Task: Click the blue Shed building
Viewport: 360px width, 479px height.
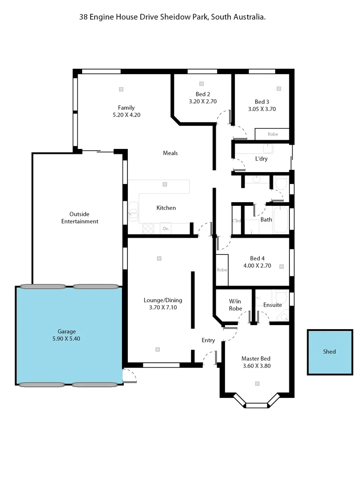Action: tap(329, 352)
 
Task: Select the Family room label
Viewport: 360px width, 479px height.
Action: tap(126, 108)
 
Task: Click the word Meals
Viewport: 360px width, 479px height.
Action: tap(170, 153)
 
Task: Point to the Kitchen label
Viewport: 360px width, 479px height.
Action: tap(166, 208)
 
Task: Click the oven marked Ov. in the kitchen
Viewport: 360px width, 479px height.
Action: tap(166, 229)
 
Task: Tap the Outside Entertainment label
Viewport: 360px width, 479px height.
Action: tap(80, 218)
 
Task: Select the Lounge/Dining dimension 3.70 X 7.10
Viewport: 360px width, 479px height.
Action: tap(163, 307)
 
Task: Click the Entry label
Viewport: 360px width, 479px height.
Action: tap(208, 341)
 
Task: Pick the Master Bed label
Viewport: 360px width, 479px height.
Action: tap(256, 359)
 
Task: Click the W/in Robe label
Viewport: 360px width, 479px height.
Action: tap(235, 305)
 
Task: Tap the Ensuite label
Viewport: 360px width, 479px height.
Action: tap(272, 305)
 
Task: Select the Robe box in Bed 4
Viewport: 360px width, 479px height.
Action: tap(222, 270)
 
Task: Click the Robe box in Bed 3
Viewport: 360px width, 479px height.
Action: tap(272, 134)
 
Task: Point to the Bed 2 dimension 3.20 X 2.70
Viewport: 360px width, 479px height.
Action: tap(203, 101)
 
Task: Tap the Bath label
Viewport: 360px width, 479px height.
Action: tap(266, 220)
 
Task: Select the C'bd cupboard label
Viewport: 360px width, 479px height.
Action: tap(236, 221)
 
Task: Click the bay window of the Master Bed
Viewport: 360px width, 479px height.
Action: tap(257, 404)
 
